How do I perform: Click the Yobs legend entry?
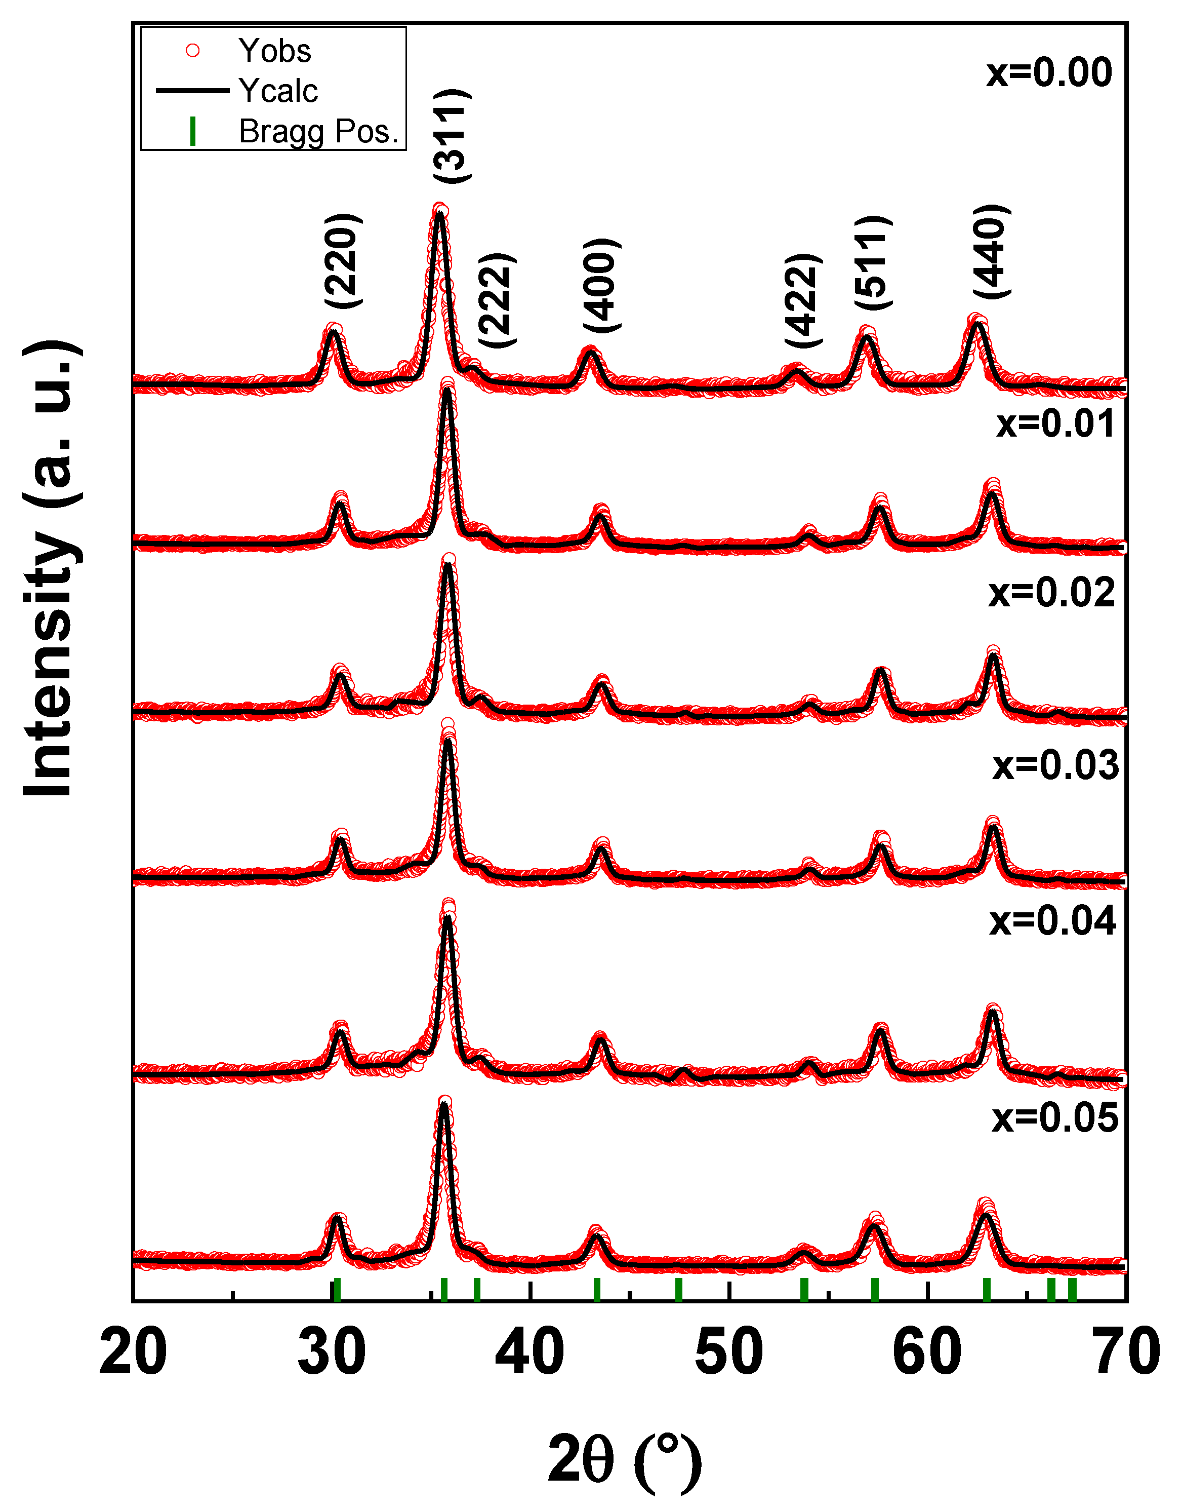click(x=273, y=51)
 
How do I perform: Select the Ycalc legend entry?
click(x=277, y=91)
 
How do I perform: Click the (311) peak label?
click(x=453, y=136)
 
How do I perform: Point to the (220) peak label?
click(x=343, y=260)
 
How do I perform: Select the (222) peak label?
click(x=498, y=300)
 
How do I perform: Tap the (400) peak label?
click(x=601, y=285)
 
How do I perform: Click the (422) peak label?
click(x=803, y=300)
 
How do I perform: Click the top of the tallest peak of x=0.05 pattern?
click(x=444, y=1102)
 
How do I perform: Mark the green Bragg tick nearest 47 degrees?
click(x=679, y=1290)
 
